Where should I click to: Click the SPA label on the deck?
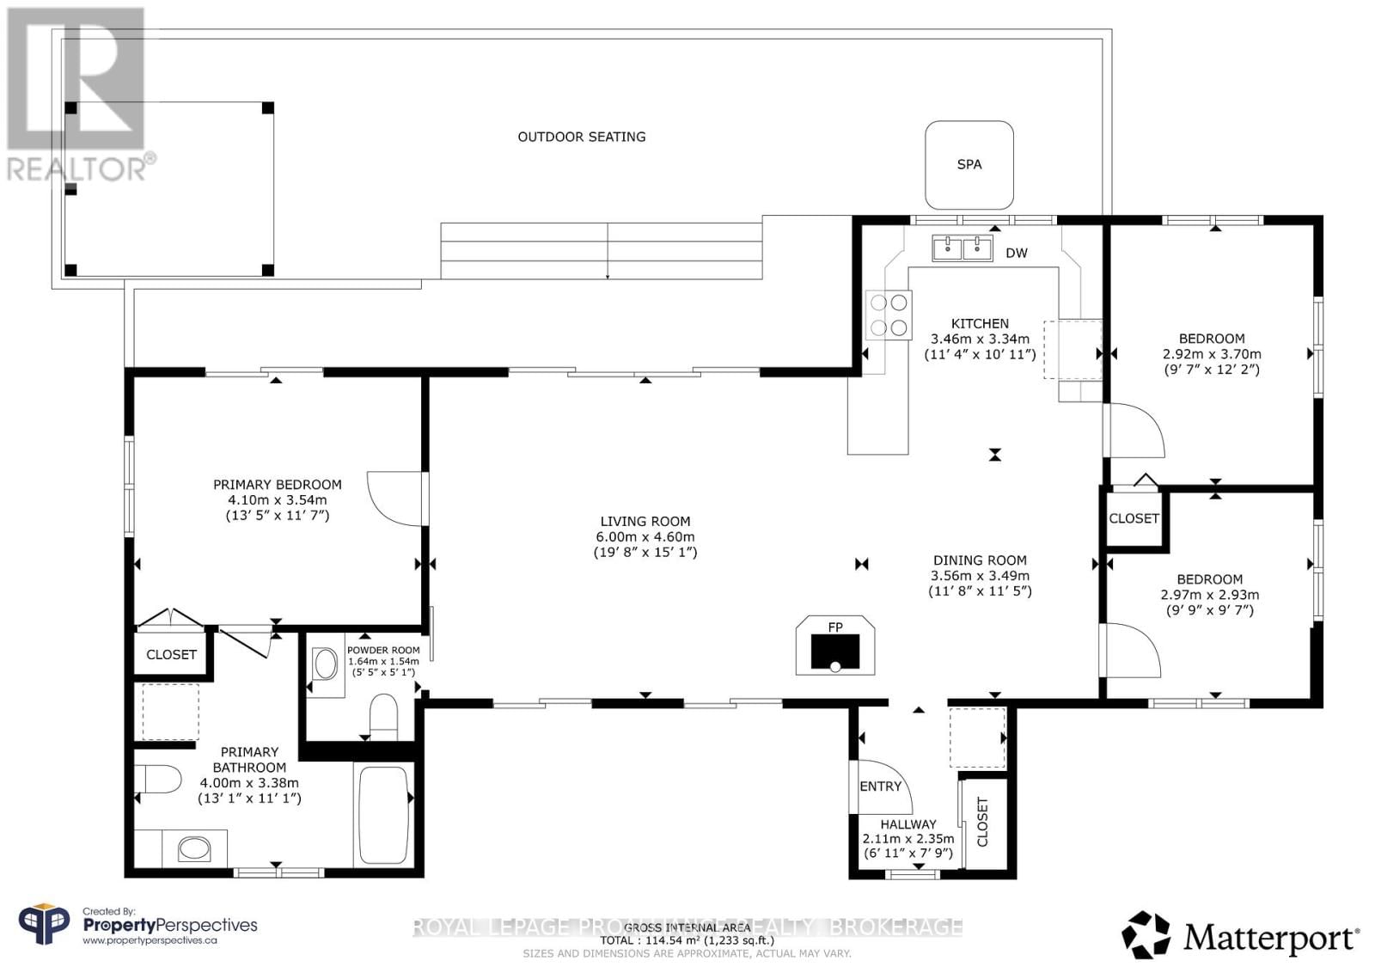pyautogui.click(x=969, y=164)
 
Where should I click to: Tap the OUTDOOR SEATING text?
pyautogui.click(x=581, y=137)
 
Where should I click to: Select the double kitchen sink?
pyautogui.click(x=962, y=249)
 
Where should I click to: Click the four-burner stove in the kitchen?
pyautogui.click(x=889, y=315)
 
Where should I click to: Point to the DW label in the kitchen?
pyautogui.click(x=1017, y=253)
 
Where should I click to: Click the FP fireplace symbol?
pyautogui.click(x=835, y=646)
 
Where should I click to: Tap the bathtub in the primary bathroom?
pyautogui.click(x=383, y=814)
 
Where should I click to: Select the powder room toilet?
pyautogui.click(x=382, y=715)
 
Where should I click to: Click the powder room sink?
pyautogui.click(x=326, y=664)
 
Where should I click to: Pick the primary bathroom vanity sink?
pyautogui.click(x=194, y=849)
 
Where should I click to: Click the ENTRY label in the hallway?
pyautogui.click(x=880, y=786)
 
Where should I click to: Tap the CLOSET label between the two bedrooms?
pyautogui.click(x=1134, y=518)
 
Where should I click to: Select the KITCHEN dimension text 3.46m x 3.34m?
pyautogui.click(x=980, y=339)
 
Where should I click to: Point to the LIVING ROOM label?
pyautogui.click(x=645, y=521)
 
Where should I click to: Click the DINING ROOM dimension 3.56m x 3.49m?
pyautogui.click(x=980, y=576)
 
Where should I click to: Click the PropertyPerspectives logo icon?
pyautogui.click(x=44, y=925)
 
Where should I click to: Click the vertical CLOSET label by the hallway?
pyautogui.click(x=982, y=822)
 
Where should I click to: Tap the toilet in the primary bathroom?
pyautogui.click(x=160, y=780)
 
